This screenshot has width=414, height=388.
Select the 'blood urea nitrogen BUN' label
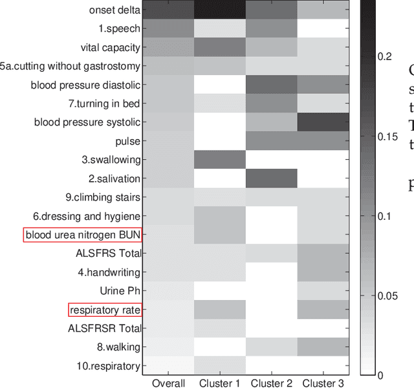point(82,235)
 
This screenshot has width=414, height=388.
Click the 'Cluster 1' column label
point(220,383)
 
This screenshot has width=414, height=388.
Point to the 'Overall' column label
point(168,383)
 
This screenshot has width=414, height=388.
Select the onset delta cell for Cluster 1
point(220,10)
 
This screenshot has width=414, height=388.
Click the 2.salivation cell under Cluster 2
point(272,178)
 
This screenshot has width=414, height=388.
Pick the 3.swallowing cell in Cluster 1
point(220,160)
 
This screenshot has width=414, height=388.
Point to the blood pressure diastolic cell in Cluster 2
point(272,85)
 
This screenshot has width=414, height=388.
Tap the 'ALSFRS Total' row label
point(108,253)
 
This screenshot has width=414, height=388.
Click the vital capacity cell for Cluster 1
point(220,47)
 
